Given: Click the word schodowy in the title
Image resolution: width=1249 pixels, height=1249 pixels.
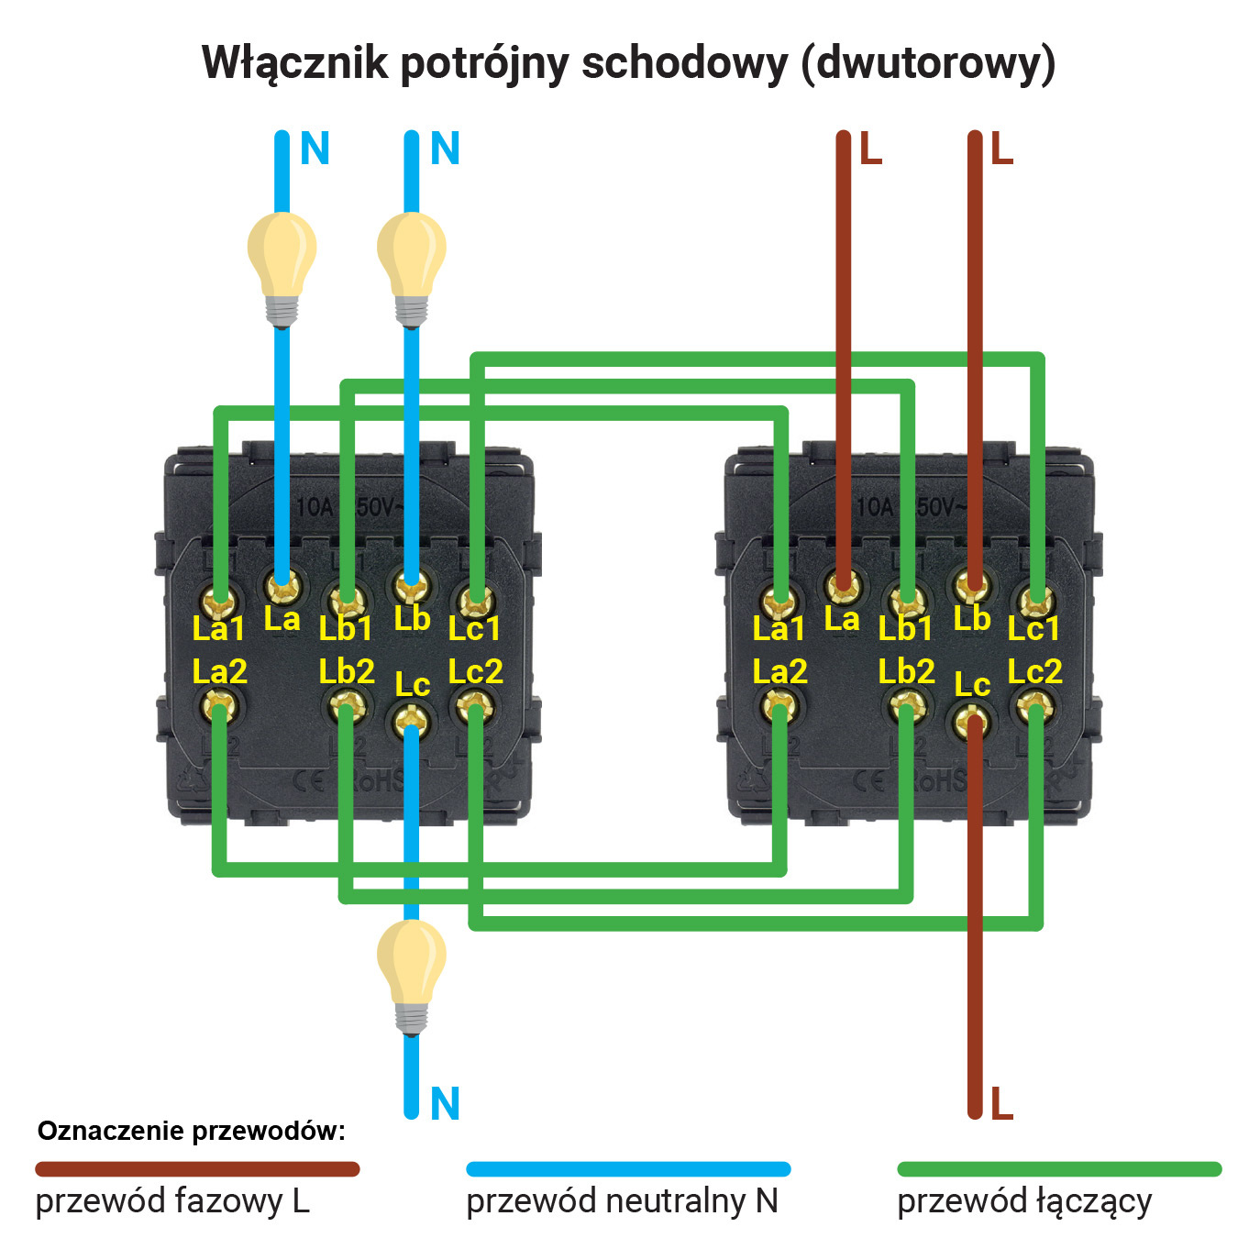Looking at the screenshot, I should pos(684,64).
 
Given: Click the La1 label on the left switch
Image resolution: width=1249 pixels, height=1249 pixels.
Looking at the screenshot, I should pos(218,629).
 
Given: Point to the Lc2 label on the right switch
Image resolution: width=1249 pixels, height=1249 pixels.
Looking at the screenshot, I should pos(1034,671).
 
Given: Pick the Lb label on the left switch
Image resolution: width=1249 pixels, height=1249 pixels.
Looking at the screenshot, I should pos(412,619).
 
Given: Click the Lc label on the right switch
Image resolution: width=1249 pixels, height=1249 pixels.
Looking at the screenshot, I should pos(972,684).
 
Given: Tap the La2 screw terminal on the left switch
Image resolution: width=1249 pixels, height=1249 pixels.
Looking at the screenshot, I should pos(219,707).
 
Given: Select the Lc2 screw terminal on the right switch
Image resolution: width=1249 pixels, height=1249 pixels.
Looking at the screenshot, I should pos(1035,707).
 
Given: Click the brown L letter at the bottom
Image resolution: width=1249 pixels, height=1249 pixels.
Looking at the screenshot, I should pos(1001,1103).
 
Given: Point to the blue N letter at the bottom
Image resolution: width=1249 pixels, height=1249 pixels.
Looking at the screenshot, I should pos(445,1103).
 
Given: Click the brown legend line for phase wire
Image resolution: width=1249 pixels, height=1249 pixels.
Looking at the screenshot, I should pos(197,1169).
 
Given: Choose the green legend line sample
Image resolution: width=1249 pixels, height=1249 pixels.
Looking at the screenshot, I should pos(1059,1169).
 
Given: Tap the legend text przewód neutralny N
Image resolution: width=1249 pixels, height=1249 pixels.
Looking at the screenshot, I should pos(622,1201).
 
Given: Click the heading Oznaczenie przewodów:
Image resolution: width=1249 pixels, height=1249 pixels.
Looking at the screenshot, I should pos(191,1131).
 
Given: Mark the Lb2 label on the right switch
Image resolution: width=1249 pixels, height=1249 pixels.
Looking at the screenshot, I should pos(906,671).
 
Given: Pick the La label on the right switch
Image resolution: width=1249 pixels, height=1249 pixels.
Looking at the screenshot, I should pos(841,619).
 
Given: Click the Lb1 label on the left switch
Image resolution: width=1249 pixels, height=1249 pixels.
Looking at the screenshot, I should pos(346,629).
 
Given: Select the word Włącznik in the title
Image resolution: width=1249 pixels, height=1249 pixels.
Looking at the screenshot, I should pos(294,64).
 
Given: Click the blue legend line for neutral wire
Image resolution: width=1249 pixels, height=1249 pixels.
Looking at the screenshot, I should pos(628,1169).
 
